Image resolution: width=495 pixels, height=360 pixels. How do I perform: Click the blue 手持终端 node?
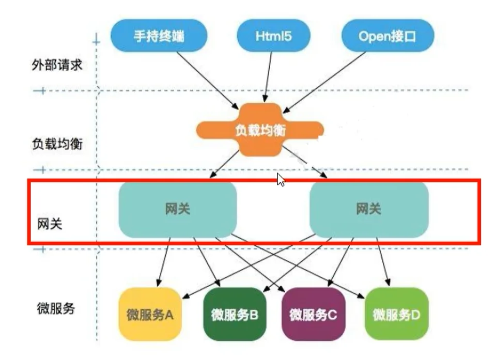coord(159,35)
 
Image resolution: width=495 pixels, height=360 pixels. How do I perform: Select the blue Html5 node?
coord(273,35)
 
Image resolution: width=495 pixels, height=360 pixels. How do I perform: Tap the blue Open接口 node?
coord(388,35)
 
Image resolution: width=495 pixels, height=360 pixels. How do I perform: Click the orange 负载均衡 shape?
coord(260,130)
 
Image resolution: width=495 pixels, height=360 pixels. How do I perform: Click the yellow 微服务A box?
coord(150,314)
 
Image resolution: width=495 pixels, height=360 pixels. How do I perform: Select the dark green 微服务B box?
coord(235,314)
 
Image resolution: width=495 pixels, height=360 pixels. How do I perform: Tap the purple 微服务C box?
coord(313,314)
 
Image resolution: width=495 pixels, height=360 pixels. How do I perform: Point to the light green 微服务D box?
coord(396,314)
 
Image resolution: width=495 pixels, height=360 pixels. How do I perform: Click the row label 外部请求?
coord(57,65)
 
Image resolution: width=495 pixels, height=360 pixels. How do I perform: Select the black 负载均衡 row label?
coord(57,144)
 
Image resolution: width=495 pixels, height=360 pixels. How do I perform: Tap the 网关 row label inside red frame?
coord(50,224)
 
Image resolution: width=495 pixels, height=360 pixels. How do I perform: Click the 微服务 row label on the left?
coord(56,308)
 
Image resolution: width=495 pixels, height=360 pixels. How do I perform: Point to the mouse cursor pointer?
coord(281,180)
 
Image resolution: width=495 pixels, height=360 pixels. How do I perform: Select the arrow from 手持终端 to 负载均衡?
coord(207,81)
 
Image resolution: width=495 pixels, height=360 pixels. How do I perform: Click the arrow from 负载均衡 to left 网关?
coord(224,164)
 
